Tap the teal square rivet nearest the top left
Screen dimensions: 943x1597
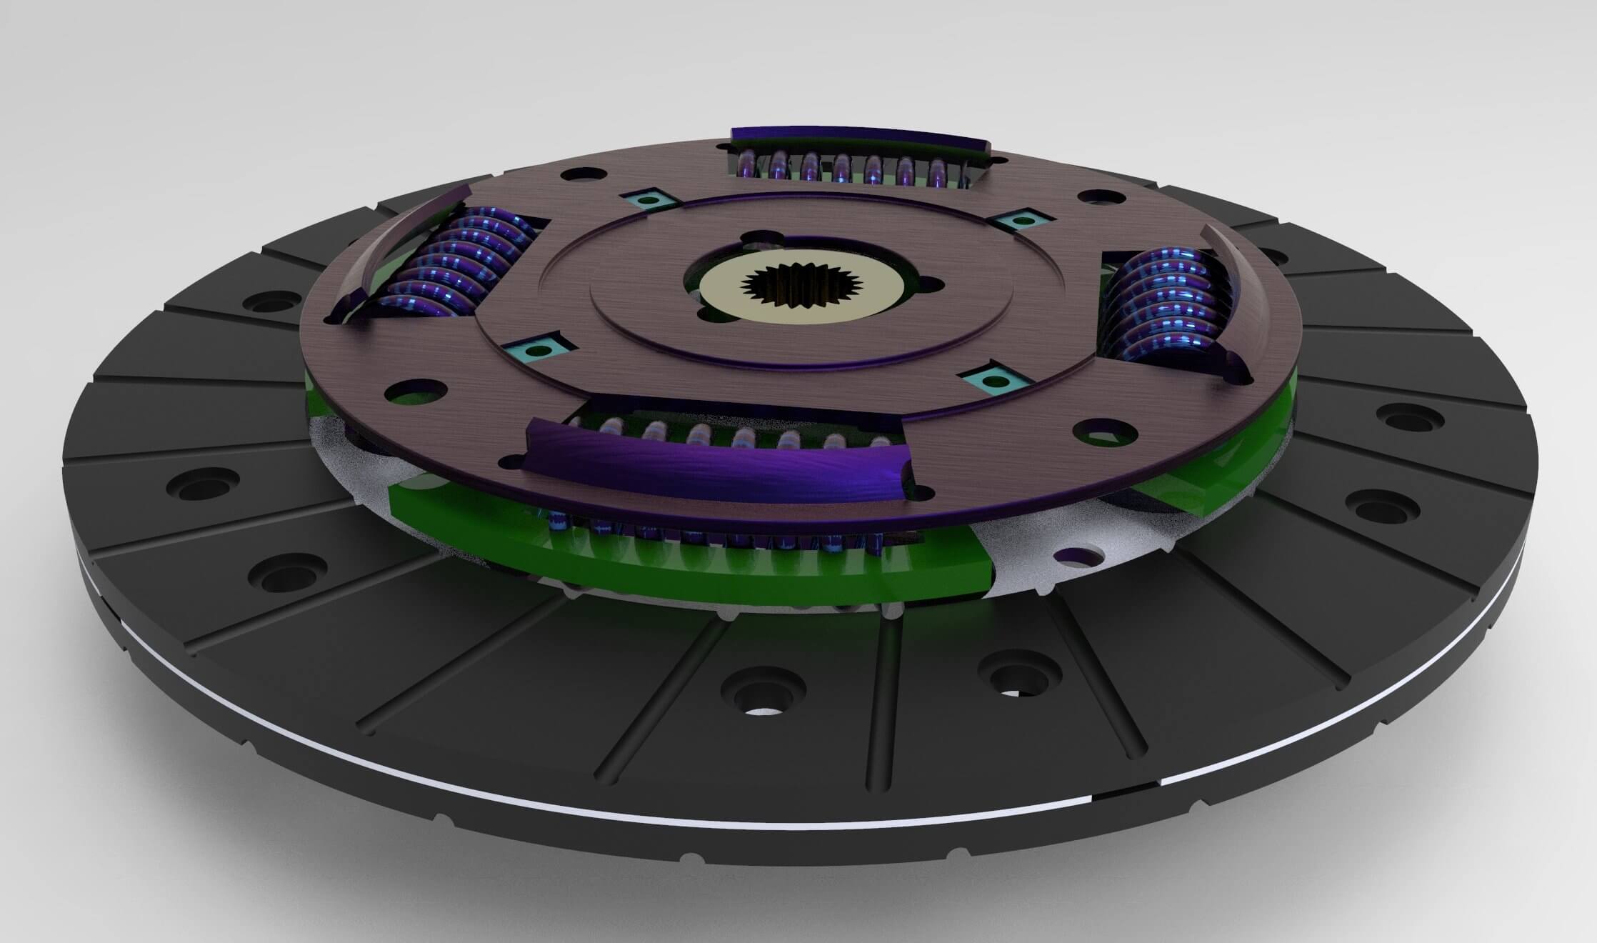click(x=647, y=199)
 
